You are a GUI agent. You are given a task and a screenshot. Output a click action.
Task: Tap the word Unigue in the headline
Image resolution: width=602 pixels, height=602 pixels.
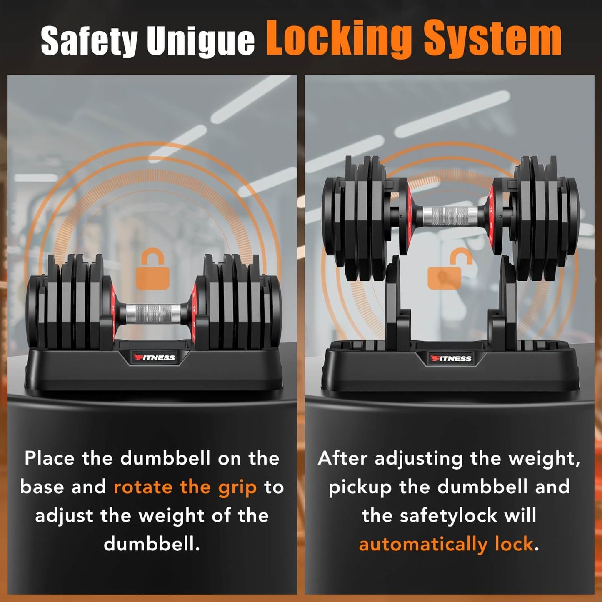200,41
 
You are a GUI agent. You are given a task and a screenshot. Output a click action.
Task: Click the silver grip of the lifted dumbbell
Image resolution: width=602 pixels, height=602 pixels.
450,216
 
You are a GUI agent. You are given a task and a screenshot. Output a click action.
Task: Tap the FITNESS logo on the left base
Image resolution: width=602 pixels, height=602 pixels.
154,357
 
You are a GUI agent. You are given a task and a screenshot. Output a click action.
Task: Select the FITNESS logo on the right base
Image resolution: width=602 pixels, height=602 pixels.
451,358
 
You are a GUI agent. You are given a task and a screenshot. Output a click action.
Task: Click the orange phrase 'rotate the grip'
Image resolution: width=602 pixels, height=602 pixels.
185,487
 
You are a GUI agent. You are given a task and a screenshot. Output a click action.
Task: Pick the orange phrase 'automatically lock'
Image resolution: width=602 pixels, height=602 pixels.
446,544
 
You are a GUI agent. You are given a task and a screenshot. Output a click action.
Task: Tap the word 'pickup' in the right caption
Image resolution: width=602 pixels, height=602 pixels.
360,487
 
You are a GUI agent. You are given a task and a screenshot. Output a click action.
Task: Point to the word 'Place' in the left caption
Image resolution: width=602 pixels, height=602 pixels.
49,458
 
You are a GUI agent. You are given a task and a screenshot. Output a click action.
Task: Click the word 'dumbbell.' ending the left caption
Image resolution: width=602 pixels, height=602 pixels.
152,544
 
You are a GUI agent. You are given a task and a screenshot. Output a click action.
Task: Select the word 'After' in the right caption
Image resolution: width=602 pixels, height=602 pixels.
342,458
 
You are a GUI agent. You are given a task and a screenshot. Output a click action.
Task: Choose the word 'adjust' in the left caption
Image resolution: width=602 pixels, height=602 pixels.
64,516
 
